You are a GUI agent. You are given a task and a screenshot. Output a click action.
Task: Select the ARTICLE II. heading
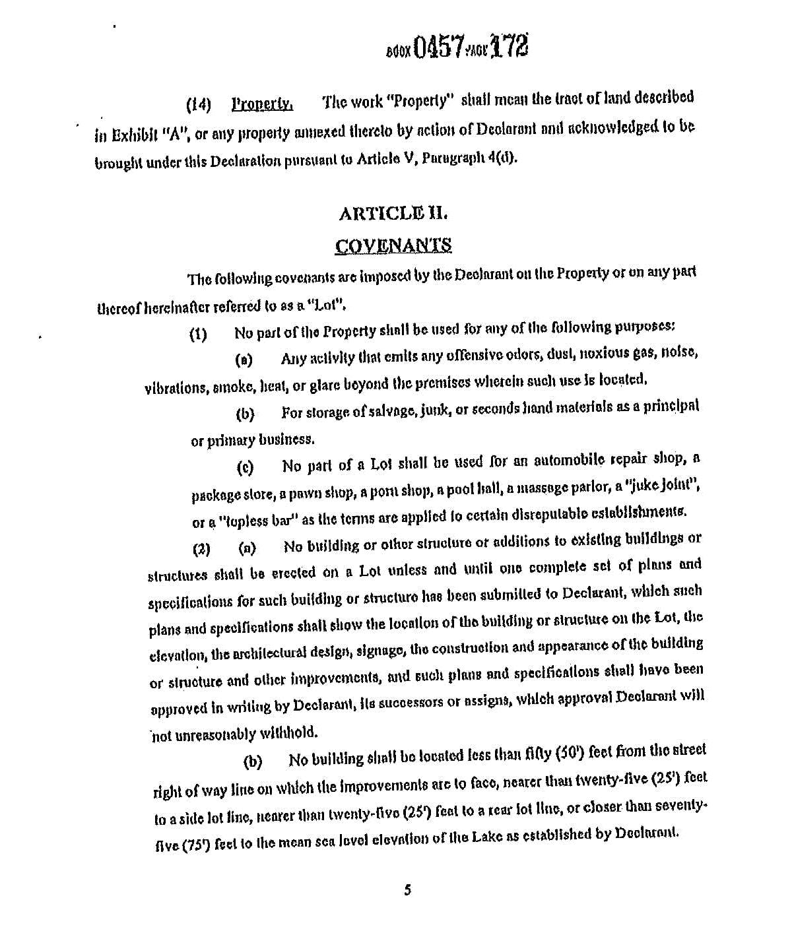(393, 214)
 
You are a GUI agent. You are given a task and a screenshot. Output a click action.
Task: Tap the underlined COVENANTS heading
(393, 245)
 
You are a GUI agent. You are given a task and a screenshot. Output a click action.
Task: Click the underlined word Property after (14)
(262, 104)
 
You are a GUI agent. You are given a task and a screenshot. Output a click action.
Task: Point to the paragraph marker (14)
(198, 105)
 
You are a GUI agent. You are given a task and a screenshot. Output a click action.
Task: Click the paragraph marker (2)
(201, 549)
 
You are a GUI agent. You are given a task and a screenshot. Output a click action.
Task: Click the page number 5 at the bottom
(407, 890)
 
